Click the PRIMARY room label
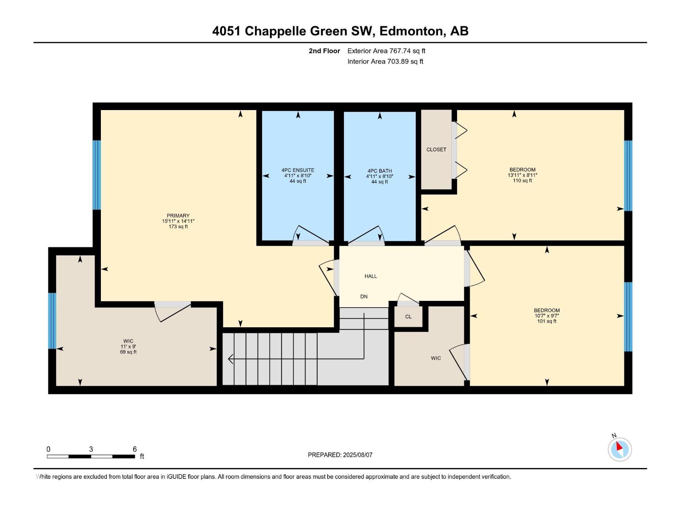click(x=178, y=215)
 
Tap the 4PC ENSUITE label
click(x=298, y=170)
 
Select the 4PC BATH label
click(x=380, y=170)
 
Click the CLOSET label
click(x=436, y=150)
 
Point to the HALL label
click(x=371, y=276)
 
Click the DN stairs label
click(x=364, y=296)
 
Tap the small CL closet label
click(x=408, y=317)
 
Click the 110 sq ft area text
click(x=523, y=181)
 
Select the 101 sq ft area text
click(x=547, y=321)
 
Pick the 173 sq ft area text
click(x=178, y=227)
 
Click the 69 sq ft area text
click(x=128, y=352)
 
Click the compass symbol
click(x=620, y=449)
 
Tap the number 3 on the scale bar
click(x=91, y=449)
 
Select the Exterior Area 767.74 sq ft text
click(x=386, y=51)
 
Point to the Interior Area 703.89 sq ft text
click(x=385, y=61)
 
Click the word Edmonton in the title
click(x=411, y=31)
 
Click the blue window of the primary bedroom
click(x=97, y=175)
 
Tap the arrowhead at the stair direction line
click(x=231, y=359)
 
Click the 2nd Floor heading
click(x=324, y=51)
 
